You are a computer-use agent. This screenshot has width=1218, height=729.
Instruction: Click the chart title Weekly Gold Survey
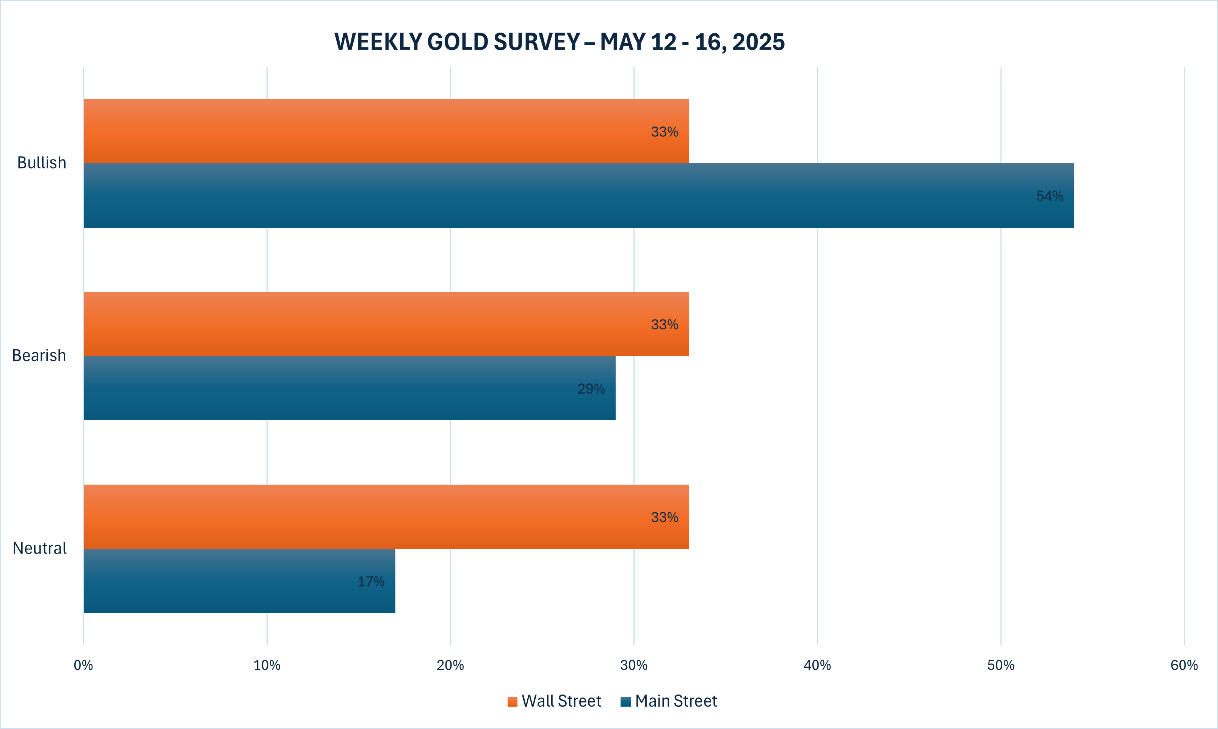(x=559, y=42)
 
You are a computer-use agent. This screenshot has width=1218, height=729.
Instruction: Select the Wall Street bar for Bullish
(x=386, y=131)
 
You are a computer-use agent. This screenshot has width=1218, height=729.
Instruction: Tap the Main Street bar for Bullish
(x=579, y=196)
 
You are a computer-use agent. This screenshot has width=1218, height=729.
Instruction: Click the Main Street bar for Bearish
(x=350, y=388)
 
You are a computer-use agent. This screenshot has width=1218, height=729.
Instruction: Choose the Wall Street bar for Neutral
(x=386, y=517)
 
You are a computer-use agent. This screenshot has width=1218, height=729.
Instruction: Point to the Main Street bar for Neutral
(x=239, y=581)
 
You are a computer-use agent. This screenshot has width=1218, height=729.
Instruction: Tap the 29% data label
(x=591, y=389)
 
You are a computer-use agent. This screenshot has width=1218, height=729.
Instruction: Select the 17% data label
(x=371, y=582)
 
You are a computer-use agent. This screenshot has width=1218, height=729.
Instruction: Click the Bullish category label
(x=42, y=163)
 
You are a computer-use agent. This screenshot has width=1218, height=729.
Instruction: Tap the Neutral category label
(x=39, y=548)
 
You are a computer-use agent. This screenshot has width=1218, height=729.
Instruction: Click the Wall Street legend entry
(x=554, y=701)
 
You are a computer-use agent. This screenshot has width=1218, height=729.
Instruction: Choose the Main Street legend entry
(x=669, y=701)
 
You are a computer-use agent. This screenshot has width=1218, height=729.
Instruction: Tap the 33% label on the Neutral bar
(x=664, y=517)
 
